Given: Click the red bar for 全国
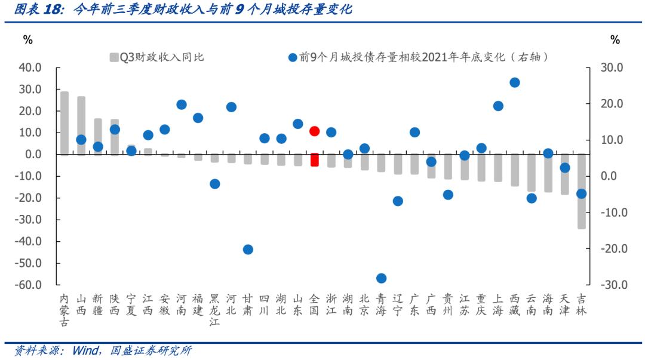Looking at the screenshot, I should tap(315, 160).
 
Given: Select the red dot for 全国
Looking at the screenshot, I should tap(315, 131).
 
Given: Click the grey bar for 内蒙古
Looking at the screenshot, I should tap(64, 124).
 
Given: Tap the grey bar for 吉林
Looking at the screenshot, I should tap(581, 191).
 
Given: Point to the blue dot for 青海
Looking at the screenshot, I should tap(381, 278).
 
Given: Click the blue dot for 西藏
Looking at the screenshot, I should tap(514, 82).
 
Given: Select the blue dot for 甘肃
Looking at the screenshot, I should tap(248, 250).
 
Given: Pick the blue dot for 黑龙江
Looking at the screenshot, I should tap(214, 184).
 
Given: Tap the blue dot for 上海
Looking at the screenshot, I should tap(498, 106).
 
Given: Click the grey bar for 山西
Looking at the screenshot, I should tap(81, 126).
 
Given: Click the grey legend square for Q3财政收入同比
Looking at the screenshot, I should tap(114, 58).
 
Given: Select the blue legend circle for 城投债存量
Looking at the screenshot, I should tap(293, 58).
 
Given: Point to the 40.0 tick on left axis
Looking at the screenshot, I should tap(30, 67).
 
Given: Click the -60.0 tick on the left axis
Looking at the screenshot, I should tap(28, 285).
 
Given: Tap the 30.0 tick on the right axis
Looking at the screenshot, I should tap(612, 67).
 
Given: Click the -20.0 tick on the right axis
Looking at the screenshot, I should tap(610, 249).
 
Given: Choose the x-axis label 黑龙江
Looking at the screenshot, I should tap(214, 310).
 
